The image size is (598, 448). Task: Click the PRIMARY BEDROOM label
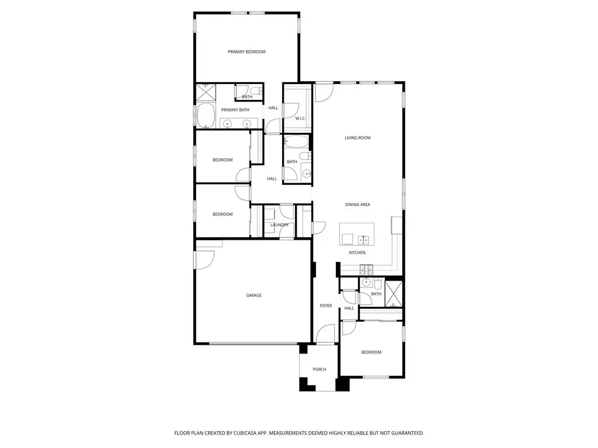246,52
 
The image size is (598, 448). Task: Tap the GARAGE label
253,295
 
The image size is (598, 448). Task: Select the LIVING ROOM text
357,138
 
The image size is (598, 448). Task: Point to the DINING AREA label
357,205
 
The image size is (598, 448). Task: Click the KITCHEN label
357,253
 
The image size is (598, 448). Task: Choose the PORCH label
319,369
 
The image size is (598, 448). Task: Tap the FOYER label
326,306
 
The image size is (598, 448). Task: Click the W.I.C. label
300,118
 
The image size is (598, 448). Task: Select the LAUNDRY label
280,225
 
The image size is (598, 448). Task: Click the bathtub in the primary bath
206,115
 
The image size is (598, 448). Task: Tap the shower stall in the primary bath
206,93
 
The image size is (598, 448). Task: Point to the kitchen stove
367,269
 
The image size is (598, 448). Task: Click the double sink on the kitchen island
363,240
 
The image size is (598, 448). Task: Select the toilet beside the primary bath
256,90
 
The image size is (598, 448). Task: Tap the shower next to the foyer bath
393,293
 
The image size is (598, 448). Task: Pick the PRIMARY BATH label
235,110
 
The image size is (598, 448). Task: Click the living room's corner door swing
324,93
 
